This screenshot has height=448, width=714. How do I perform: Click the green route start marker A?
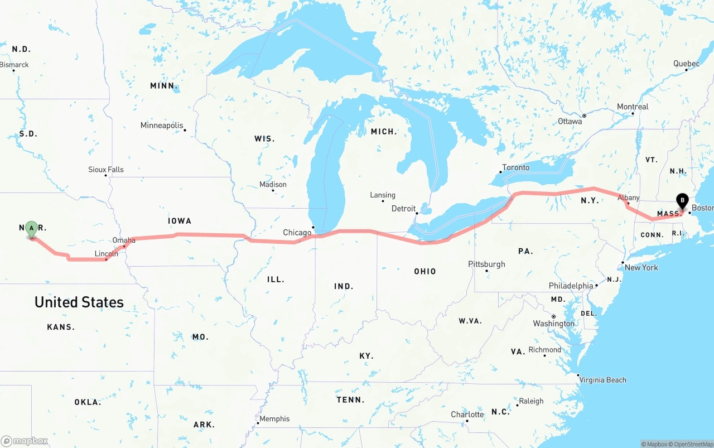[32, 228]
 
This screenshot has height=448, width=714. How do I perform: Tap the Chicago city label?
[297, 233]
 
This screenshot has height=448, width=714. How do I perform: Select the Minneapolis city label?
[162, 126]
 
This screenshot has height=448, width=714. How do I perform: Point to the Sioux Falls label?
[106, 170]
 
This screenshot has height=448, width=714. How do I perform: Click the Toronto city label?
[516, 167]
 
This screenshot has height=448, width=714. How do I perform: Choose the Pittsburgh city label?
[487, 264]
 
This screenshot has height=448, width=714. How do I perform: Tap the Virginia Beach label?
[603, 380]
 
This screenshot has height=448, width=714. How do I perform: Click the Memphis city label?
[274, 418]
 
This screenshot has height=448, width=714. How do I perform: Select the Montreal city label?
[633, 107]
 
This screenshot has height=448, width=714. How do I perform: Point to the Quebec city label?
[686, 64]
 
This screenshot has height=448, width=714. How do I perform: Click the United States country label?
[79, 302]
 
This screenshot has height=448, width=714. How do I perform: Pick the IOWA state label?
[180, 221]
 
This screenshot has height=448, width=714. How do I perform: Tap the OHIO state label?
[425, 271]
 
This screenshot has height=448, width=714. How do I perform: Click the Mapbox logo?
[25, 441]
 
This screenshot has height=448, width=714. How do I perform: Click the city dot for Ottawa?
[584, 116]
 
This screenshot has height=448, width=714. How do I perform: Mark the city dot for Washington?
[553, 316]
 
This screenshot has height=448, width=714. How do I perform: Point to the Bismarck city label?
[15, 65]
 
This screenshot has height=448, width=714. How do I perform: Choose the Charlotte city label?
[467, 415]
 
